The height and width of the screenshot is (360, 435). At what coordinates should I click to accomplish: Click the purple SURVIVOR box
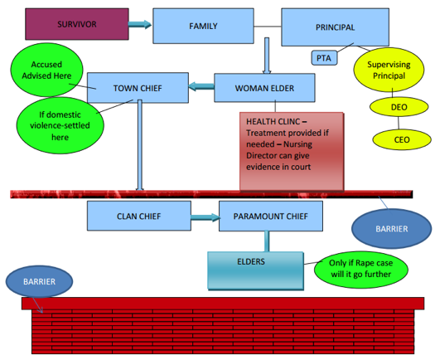tap(77, 24)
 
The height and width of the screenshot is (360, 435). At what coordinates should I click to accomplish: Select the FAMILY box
tap(203, 26)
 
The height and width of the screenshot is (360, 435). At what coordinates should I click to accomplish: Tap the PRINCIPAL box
tap(335, 27)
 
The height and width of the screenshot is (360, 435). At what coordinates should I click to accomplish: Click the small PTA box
tap(324, 58)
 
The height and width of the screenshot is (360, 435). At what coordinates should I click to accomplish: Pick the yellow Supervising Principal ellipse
tap(389, 70)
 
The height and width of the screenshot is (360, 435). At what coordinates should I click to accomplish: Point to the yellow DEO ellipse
tap(399, 107)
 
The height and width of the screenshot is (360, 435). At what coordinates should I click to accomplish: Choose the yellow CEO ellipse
tap(402, 139)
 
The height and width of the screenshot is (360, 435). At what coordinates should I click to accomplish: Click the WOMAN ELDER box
tap(264, 88)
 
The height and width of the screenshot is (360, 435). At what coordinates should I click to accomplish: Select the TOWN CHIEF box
tap(138, 88)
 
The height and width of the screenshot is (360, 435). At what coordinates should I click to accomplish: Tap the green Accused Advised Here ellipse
tap(46, 70)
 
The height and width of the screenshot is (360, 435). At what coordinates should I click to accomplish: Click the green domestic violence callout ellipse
tap(60, 125)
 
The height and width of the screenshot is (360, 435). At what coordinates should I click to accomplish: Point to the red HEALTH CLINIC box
tap(292, 152)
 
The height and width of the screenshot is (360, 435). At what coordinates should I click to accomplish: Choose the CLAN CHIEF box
tap(139, 216)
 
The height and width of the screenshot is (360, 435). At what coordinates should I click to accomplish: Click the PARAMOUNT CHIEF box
tap(271, 216)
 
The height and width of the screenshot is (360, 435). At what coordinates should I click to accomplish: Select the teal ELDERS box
tap(255, 271)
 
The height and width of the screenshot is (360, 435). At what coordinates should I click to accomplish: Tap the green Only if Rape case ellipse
tap(361, 269)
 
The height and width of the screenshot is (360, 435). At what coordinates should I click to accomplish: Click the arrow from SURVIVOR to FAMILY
tap(140, 24)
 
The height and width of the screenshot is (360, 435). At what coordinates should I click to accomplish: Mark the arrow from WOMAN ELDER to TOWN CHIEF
tap(201, 86)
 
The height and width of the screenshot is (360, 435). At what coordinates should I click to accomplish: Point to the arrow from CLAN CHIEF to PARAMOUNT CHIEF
tap(205, 217)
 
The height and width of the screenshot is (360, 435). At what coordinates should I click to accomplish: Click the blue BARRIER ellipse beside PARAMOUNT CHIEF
tap(391, 229)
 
